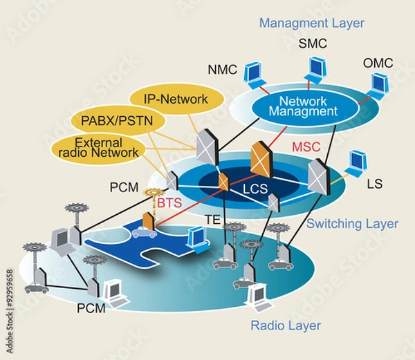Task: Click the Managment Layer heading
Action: pyautogui.click(x=311, y=23)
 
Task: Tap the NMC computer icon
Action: pyautogui.click(x=253, y=72)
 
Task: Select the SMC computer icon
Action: pyautogui.click(x=317, y=67)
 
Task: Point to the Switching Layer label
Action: pyautogui.click(x=352, y=223)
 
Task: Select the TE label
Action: pyautogui.click(x=212, y=219)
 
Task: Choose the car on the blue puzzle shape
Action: pyautogui.click(x=144, y=232)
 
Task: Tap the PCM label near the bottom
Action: pyautogui.click(x=91, y=308)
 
